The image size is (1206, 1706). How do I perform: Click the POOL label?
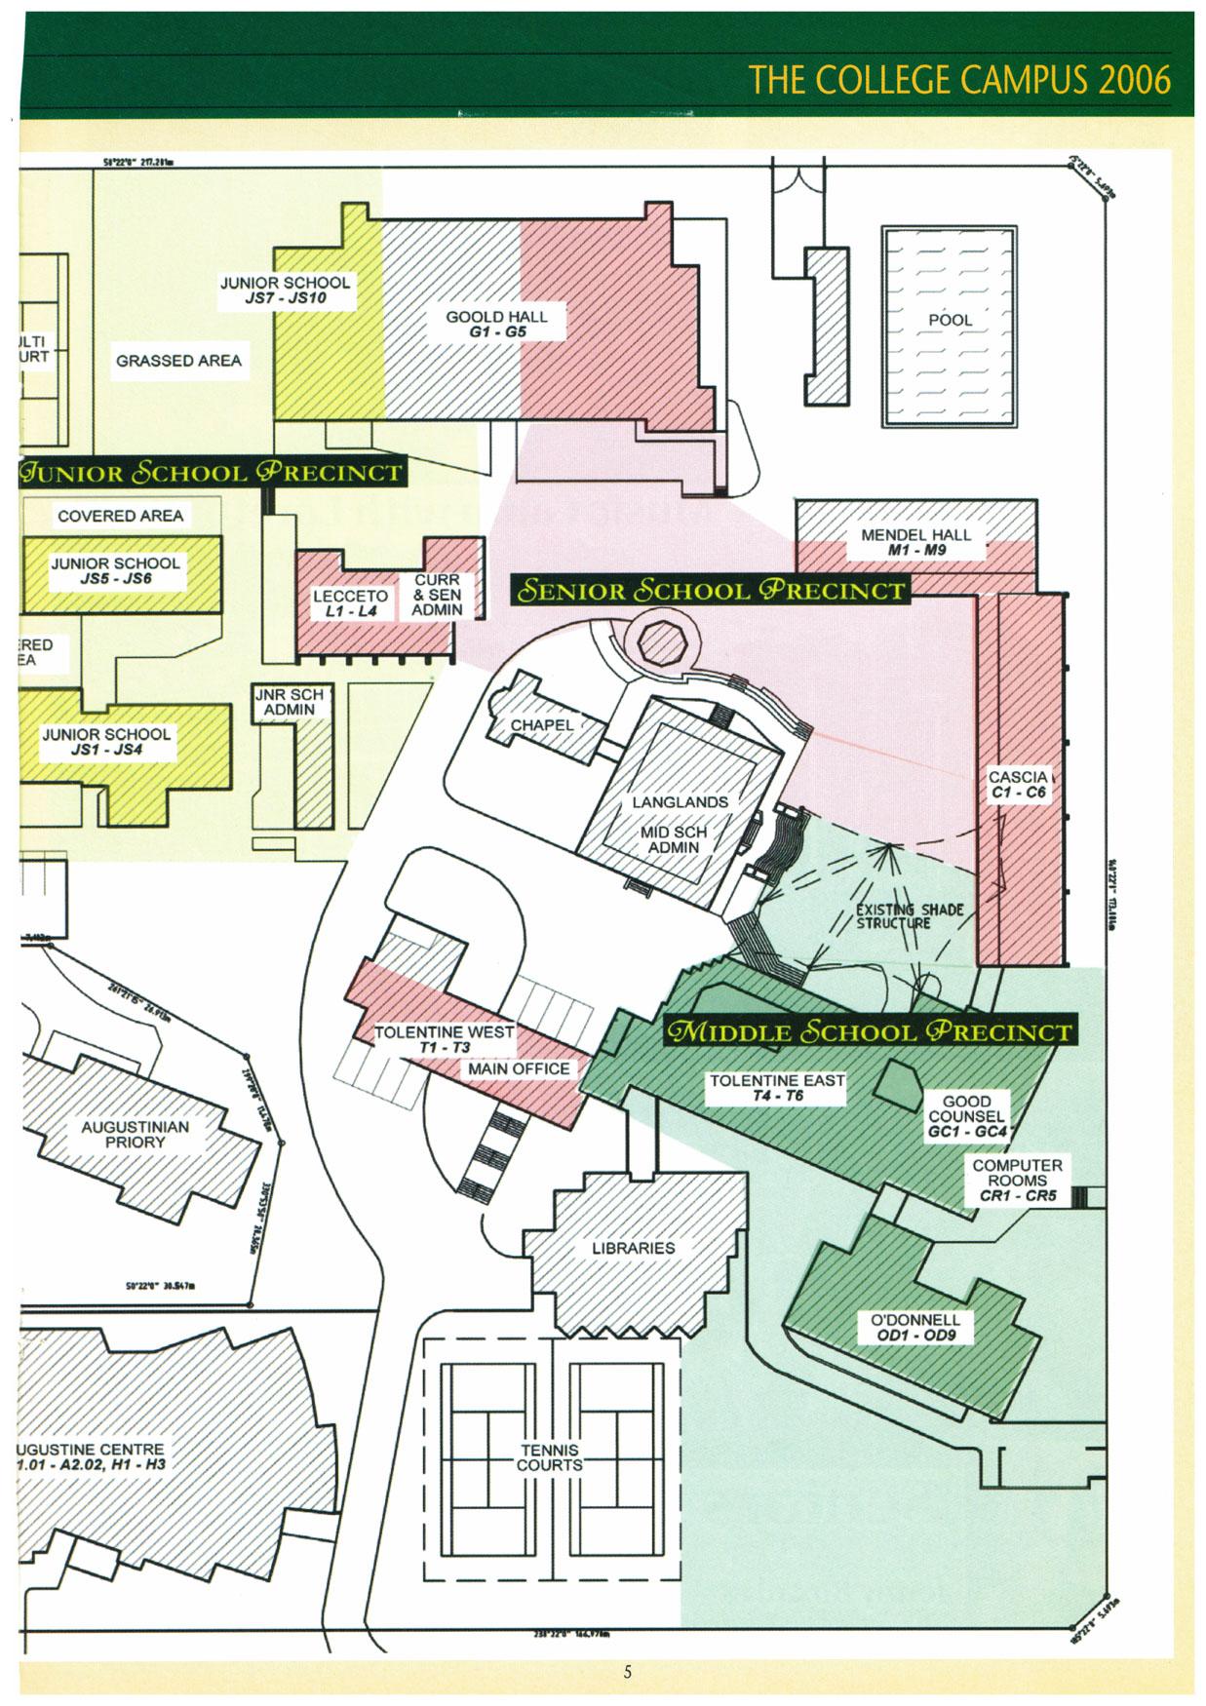coord(950,320)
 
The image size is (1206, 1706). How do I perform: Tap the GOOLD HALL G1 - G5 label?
coord(496,324)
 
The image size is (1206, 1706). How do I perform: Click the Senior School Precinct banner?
coord(712,591)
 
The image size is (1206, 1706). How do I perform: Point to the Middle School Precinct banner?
coord(867,1031)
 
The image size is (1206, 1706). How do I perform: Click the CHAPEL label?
coord(542,725)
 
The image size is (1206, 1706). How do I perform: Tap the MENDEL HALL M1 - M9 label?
coord(915,542)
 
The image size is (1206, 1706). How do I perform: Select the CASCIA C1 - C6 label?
coord(1018,785)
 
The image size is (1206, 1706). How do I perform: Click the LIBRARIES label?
coord(633,1248)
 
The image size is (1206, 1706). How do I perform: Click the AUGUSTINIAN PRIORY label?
coord(135,1134)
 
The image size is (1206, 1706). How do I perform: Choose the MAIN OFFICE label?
coord(519,1069)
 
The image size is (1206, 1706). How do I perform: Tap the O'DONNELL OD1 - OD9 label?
coord(914,1327)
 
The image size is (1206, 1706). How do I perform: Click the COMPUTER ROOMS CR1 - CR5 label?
coord(1017,1180)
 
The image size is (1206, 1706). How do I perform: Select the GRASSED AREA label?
coord(178,361)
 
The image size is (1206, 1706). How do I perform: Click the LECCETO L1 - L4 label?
coord(350,603)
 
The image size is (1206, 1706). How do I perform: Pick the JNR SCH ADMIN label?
coord(289,702)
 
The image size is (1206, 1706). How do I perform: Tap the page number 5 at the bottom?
coord(628,1672)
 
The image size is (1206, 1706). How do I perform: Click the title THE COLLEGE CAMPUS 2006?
coord(959,79)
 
